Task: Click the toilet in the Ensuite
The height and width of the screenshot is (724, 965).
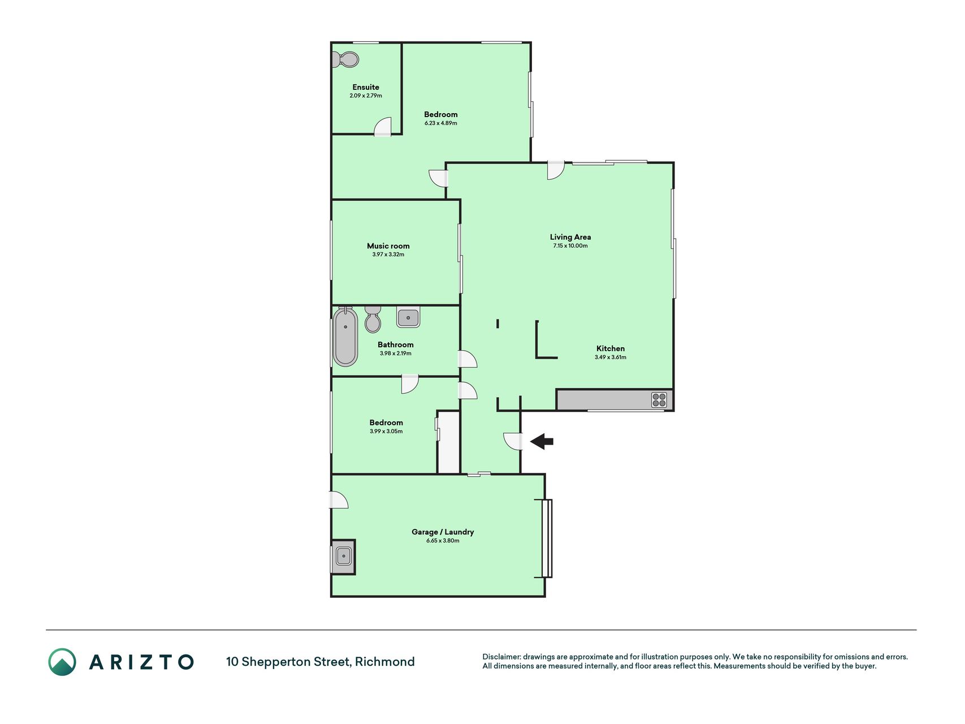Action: (345, 59)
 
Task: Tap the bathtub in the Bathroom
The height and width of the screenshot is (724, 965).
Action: (345, 337)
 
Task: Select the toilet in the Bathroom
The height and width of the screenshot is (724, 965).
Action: (373, 320)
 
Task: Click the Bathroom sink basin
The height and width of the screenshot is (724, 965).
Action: (408, 317)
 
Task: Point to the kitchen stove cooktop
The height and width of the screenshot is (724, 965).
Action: (659, 400)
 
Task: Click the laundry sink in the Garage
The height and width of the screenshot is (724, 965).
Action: (343, 557)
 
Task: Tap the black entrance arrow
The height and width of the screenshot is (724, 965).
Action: (542, 441)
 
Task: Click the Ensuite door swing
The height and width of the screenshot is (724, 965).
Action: (383, 127)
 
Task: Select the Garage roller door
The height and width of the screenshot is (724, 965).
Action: (547, 538)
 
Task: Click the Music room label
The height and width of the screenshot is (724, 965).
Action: (388, 246)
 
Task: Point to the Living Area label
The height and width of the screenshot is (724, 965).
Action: (570, 237)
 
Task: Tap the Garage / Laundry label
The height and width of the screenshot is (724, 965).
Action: (443, 532)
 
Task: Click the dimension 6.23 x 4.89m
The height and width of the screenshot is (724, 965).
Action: (441, 123)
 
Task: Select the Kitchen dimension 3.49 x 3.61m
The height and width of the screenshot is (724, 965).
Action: (611, 357)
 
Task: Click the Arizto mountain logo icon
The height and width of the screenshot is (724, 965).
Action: (62, 662)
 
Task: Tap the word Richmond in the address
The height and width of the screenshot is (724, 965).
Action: (385, 662)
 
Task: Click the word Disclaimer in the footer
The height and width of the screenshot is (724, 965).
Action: (501, 657)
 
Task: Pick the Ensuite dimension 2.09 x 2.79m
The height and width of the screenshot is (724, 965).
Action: (366, 96)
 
